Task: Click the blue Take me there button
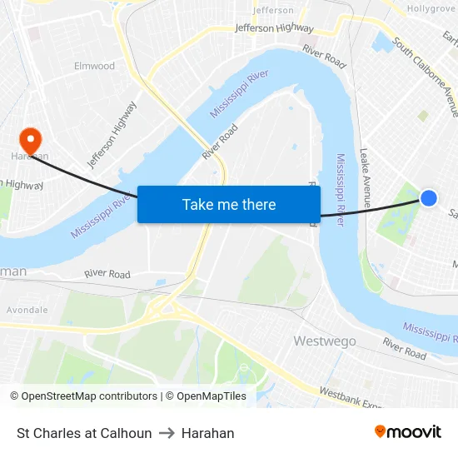point(229,204)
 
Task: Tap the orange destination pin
point(30,139)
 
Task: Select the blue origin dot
point(429,198)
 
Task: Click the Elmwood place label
point(94,66)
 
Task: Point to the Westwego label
point(325,341)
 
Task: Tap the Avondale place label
point(27,310)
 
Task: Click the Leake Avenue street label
point(366,172)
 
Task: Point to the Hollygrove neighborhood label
point(431,8)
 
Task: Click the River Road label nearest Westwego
point(405,349)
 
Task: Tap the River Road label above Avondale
point(107,274)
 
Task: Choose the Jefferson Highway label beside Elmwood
point(112,134)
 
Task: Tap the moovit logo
point(407,431)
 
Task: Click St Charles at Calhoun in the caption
point(84,433)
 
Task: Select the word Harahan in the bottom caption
point(207,433)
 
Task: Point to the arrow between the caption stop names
point(167,433)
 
